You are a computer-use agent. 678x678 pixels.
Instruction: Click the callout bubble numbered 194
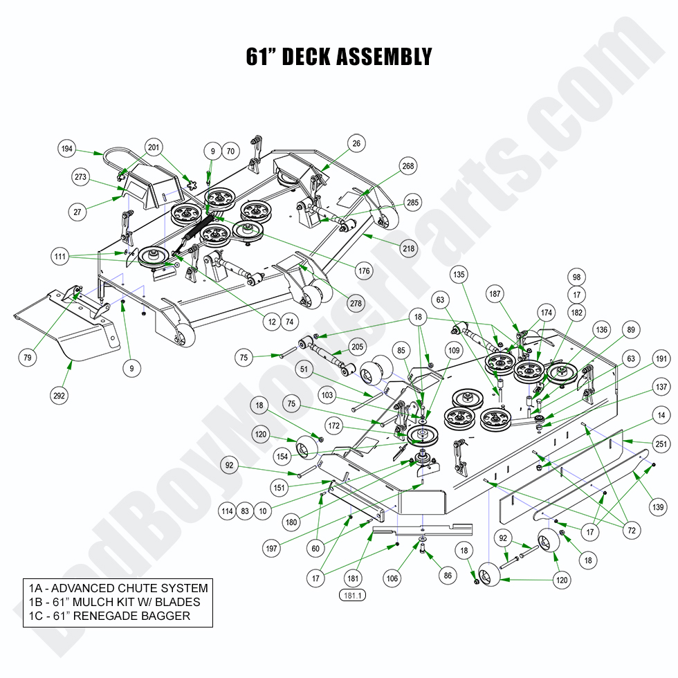(x=67, y=149)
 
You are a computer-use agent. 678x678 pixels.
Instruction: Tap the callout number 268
(x=408, y=166)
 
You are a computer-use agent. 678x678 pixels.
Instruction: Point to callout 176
(x=364, y=271)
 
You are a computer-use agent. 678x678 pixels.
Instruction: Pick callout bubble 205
(x=357, y=347)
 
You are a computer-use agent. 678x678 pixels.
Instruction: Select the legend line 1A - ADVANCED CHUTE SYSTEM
(x=118, y=588)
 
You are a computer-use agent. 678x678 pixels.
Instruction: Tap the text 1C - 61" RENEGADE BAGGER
(x=110, y=616)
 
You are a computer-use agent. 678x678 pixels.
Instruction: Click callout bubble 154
(x=282, y=457)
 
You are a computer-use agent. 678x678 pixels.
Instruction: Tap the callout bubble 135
(x=458, y=273)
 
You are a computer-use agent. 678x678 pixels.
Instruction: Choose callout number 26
(x=356, y=144)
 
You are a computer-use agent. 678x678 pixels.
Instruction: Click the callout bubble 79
(x=27, y=358)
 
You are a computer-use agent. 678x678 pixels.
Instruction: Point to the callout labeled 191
(x=661, y=359)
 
